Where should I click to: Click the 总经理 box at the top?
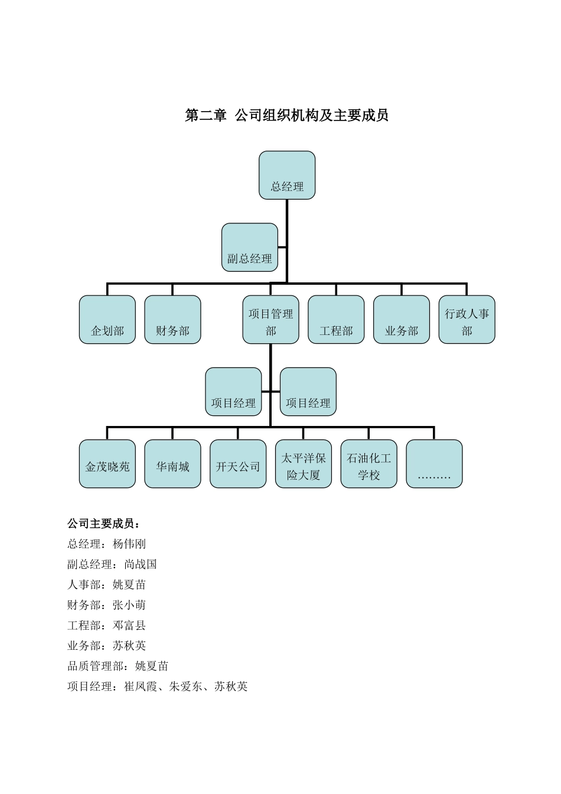(x=287, y=175)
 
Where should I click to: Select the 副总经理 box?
(x=250, y=248)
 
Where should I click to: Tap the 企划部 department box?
(x=107, y=320)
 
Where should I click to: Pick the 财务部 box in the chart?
(x=172, y=320)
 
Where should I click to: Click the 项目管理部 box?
(x=270, y=320)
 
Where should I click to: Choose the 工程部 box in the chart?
(x=336, y=320)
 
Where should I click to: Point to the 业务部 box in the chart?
(x=402, y=320)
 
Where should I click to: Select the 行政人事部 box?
(x=467, y=320)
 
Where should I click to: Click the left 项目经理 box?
(x=233, y=392)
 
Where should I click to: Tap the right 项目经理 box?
(x=308, y=392)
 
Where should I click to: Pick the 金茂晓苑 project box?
(x=107, y=464)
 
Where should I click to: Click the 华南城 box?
(x=172, y=464)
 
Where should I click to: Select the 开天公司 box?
(x=238, y=464)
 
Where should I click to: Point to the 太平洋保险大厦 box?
(x=304, y=464)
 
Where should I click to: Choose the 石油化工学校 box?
(x=369, y=464)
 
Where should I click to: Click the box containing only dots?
(x=434, y=464)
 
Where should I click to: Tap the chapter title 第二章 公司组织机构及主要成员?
(x=286, y=116)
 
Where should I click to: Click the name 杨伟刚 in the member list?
(x=129, y=544)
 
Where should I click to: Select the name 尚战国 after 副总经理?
(x=141, y=564)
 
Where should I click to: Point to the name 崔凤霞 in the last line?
(x=141, y=686)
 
